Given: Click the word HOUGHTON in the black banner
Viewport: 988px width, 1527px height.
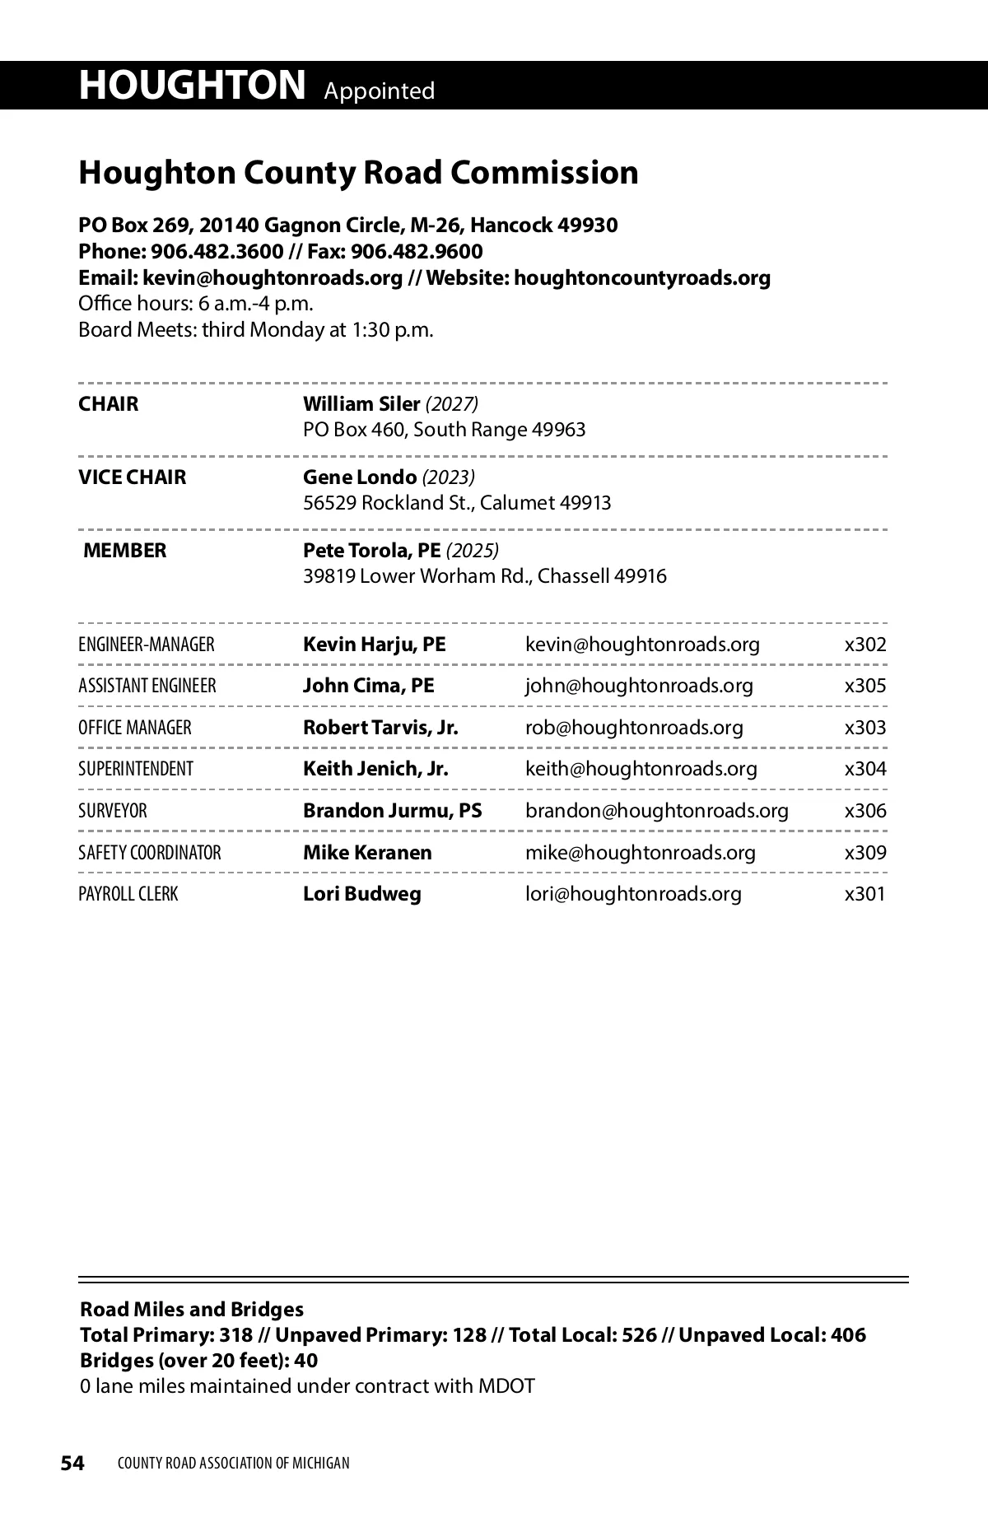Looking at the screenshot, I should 192,86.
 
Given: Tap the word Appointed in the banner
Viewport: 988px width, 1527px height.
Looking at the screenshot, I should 379,91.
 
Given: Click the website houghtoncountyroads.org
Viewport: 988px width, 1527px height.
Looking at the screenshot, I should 642,277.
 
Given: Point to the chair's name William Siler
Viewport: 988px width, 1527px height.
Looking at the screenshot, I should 361,404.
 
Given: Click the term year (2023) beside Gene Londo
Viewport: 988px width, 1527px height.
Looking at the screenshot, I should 448,477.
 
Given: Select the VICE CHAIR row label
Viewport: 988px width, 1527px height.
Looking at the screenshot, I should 132,477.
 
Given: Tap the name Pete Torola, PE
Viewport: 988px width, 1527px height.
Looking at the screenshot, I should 371,551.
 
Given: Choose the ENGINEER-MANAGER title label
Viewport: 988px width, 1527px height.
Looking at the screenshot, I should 147,645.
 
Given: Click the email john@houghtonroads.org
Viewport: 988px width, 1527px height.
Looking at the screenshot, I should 639,686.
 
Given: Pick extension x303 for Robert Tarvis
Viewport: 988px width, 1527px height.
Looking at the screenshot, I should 865,728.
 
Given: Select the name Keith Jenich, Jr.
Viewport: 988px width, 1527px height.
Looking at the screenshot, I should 375,769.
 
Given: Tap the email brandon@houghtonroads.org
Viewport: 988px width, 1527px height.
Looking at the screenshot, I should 656,811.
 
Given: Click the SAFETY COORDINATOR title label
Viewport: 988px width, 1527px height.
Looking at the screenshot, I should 150,853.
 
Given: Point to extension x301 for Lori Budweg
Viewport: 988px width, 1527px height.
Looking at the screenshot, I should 865,894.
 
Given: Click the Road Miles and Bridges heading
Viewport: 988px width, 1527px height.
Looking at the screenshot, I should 192,1310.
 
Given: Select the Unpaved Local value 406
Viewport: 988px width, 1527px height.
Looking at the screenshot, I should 848,1335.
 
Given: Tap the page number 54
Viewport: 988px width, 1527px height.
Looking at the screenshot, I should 72,1463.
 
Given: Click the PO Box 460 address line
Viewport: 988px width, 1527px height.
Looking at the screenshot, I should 444,430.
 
